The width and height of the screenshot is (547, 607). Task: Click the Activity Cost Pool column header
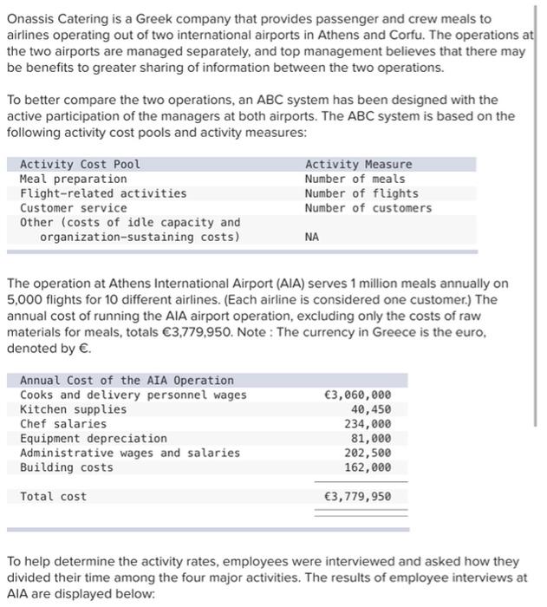click(x=80, y=164)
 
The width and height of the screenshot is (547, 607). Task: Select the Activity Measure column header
click(x=358, y=164)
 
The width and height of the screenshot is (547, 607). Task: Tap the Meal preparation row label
click(x=73, y=179)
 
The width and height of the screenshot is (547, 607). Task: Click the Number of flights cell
click(x=361, y=193)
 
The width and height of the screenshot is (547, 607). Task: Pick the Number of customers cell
click(x=368, y=208)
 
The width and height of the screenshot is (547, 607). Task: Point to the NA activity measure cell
click(x=312, y=237)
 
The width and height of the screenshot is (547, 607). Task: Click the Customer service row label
click(x=73, y=208)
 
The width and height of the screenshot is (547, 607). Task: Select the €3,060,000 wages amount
click(x=356, y=395)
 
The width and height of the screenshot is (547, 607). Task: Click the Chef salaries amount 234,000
click(x=367, y=424)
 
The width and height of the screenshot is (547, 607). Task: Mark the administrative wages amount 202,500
click(x=367, y=453)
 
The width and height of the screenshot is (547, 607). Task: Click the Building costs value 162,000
click(x=367, y=467)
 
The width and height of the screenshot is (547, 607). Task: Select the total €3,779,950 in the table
click(x=356, y=497)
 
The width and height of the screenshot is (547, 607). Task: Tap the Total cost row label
click(x=53, y=497)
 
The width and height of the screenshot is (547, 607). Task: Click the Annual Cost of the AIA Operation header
click(x=127, y=380)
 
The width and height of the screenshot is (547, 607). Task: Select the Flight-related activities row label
click(x=102, y=193)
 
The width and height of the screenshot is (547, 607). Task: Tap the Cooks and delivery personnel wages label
click(x=133, y=395)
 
